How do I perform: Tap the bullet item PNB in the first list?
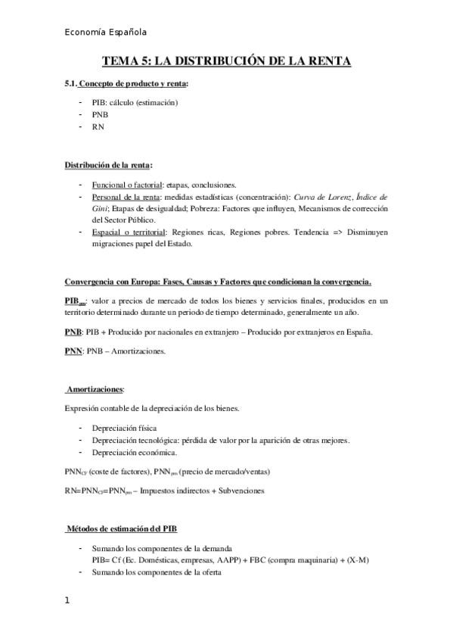point(100,114)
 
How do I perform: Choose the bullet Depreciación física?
point(124,428)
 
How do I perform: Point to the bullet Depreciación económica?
point(134,452)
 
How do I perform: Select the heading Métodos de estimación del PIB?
point(123,527)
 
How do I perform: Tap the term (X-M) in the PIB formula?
point(358,559)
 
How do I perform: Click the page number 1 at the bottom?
point(67,600)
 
